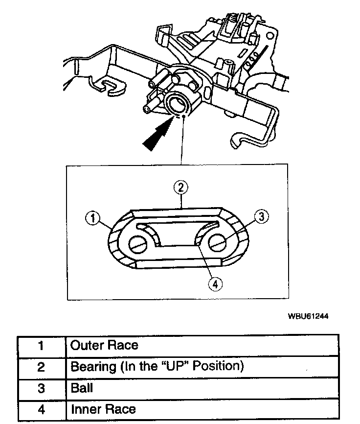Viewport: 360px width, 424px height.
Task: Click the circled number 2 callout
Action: click(x=181, y=187)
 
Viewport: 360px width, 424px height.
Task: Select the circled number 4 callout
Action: click(x=214, y=283)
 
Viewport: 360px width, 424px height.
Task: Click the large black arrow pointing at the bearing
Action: click(x=158, y=133)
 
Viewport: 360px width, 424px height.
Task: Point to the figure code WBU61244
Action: click(x=308, y=316)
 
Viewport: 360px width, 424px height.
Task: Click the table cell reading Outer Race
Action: click(x=104, y=345)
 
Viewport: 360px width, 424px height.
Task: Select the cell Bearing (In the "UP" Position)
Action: click(x=157, y=366)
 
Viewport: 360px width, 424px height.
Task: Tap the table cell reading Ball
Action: click(x=82, y=388)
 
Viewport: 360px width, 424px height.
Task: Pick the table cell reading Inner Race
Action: click(x=103, y=409)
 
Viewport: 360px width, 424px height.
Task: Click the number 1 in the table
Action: click(x=41, y=346)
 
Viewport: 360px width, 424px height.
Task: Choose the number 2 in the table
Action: click(x=41, y=367)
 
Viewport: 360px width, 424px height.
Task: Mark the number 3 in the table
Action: click(x=41, y=388)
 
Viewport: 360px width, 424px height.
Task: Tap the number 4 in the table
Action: click(x=41, y=409)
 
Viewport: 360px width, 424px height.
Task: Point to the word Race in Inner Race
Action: click(x=121, y=409)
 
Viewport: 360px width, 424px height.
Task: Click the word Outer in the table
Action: click(x=86, y=345)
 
